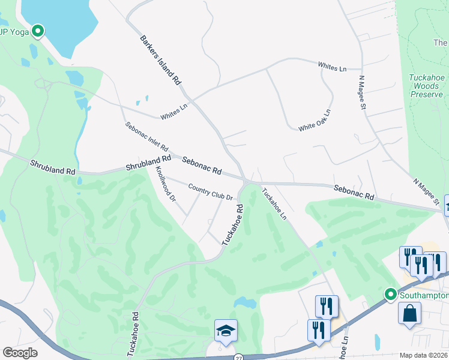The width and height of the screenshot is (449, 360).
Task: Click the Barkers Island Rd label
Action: tap(160, 59)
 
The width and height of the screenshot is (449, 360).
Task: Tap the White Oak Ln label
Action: tap(315, 120)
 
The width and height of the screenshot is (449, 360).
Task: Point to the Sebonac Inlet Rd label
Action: tap(146, 137)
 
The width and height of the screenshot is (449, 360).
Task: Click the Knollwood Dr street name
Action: tap(165, 183)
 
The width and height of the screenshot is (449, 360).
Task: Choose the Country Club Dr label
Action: tap(209, 191)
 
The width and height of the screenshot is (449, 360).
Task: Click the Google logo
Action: tap(20, 352)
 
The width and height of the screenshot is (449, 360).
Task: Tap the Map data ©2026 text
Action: tap(424, 355)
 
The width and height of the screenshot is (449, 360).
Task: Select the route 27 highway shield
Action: tap(238, 356)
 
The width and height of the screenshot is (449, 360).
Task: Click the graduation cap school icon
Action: tap(226, 330)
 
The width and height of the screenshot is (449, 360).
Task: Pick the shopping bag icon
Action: tap(409, 313)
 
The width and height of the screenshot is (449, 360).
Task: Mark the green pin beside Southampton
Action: tap(390, 295)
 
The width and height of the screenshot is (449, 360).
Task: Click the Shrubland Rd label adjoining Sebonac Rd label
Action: tap(148, 163)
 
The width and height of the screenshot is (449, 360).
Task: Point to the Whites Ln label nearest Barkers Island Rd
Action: tap(174, 111)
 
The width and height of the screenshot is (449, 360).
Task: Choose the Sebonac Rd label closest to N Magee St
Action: tap(354, 192)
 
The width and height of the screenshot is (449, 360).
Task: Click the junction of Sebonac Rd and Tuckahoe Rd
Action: tap(246, 180)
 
